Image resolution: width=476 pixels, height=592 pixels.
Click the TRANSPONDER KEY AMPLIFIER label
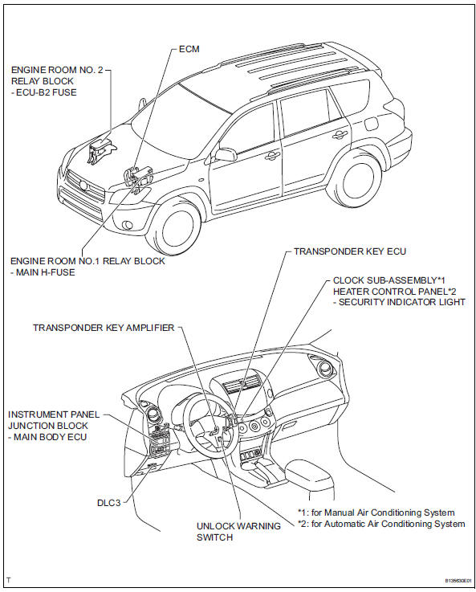(x=103, y=328)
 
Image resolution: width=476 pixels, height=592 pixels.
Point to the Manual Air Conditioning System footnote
(x=376, y=512)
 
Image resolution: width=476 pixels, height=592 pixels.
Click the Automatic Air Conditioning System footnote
(x=380, y=524)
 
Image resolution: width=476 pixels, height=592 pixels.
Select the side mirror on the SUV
(x=225, y=153)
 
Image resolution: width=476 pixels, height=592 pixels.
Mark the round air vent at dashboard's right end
(x=325, y=369)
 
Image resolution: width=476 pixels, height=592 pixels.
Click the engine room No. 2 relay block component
(x=100, y=153)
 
